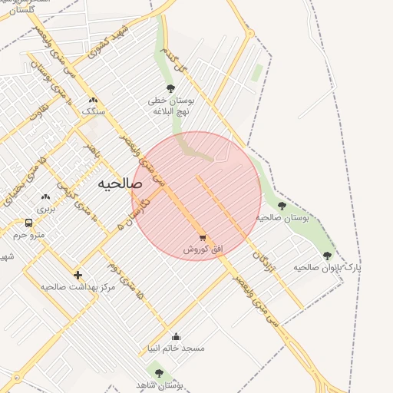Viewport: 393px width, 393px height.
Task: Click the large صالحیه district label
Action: (x=120, y=185)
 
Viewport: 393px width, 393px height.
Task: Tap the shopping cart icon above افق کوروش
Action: (x=203, y=237)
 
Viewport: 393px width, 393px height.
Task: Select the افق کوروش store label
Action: (x=203, y=250)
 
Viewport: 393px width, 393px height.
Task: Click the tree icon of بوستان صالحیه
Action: (x=282, y=206)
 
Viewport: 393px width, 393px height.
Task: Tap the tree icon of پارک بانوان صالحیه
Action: (x=327, y=256)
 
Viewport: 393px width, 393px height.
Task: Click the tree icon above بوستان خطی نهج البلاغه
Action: (x=170, y=88)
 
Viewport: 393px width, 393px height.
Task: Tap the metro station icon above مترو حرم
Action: (x=28, y=223)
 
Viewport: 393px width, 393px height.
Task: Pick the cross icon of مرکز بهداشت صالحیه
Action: (x=78, y=275)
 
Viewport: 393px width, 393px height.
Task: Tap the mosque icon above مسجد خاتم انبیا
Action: (x=176, y=336)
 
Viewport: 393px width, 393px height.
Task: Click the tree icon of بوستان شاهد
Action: (x=159, y=373)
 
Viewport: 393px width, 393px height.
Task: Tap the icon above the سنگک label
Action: (x=93, y=100)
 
